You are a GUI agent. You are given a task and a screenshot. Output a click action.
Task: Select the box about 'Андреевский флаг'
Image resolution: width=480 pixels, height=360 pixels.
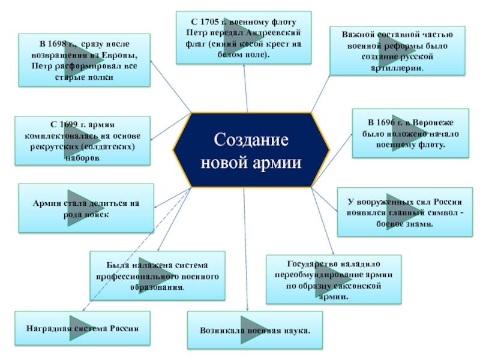244,37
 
